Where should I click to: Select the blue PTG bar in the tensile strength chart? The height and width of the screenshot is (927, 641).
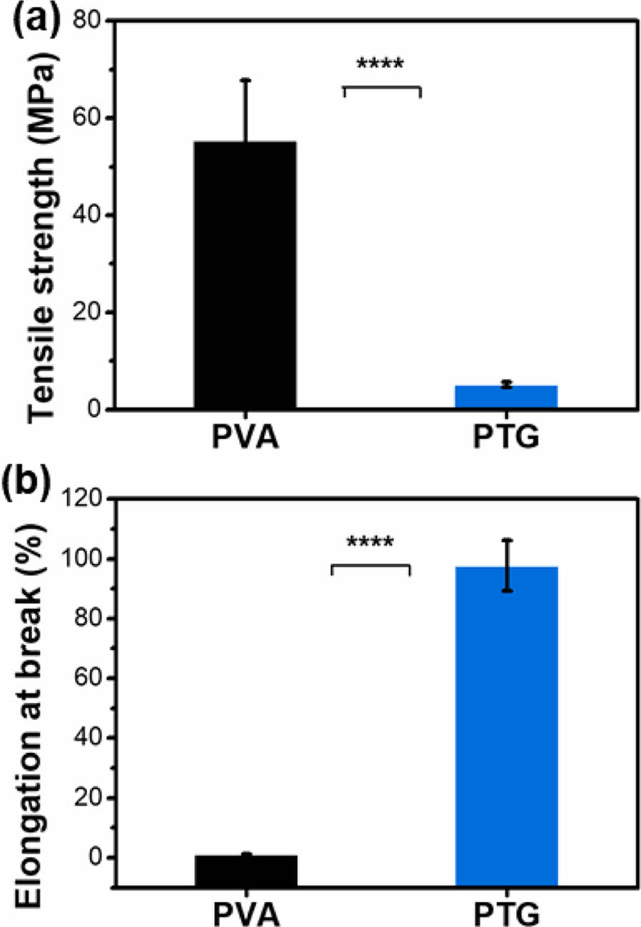pyautogui.click(x=506, y=397)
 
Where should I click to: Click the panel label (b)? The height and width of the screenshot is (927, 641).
pyautogui.click(x=27, y=487)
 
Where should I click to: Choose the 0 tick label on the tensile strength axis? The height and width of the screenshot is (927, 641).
pyautogui.click(x=96, y=410)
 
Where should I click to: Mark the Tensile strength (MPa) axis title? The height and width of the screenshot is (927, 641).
pyautogui.click(x=42, y=214)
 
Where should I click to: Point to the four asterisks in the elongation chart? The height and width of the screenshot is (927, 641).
pyautogui.click(x=370, y=543)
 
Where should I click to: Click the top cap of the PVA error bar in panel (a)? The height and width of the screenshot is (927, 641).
pyautogui.click(x=245, y=80)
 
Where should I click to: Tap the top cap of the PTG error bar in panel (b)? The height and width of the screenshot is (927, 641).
pyautogui.click(x=506, y=540)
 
